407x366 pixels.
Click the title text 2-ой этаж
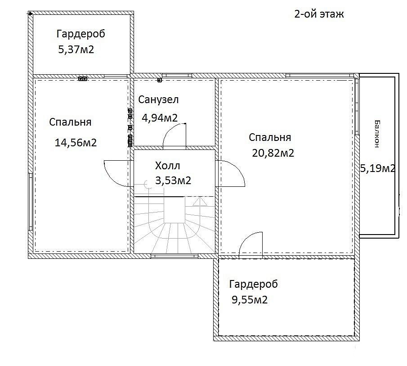pos(319,14)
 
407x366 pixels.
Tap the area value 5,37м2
pos(76,50)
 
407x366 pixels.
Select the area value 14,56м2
pos(76,143)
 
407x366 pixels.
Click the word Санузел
pos(158,99)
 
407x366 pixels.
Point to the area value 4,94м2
pos(160,118)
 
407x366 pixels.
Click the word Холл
pos(167,166)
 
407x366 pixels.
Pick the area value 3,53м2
pos(173,180)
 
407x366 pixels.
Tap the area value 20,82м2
pos(273,153)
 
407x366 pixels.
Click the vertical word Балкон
pos(377,134)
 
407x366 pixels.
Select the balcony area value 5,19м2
pos(378,168)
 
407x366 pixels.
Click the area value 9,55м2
pos(250,300)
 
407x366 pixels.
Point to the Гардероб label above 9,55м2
pos(253,284)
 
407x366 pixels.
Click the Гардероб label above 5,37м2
pos(81,34)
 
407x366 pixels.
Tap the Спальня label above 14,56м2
pos(70,122)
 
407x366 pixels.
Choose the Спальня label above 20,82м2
pos(270,137)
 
